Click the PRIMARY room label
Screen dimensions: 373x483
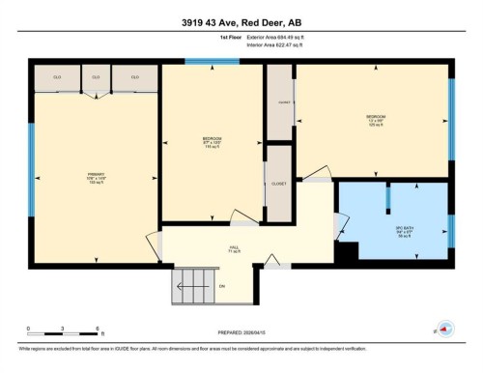coord(95,179)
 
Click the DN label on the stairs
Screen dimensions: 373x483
coord(221,286)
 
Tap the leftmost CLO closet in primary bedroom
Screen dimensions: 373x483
coord(57,76)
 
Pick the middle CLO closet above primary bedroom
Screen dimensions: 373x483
coord(96,76)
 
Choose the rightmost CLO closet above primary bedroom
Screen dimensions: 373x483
coord(133,76)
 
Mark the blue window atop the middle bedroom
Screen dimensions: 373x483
coord(213,63)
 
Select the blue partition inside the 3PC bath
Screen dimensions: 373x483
coord(387,197)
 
